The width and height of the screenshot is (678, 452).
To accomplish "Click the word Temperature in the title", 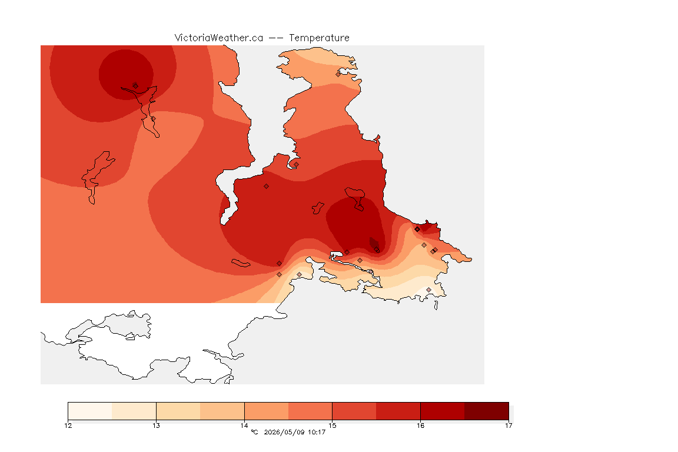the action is [319, 38].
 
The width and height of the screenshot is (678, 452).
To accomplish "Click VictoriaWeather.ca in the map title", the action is [219, 38].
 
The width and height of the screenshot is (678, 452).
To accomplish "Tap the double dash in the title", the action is [276, 38].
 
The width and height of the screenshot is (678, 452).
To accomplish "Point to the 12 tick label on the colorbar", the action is [68, 426].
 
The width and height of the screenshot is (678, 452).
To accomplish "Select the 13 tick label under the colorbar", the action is [156, 426].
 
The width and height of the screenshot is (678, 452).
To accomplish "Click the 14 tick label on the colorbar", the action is [244, 426].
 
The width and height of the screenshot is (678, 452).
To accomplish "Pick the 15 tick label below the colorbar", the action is [332, 426].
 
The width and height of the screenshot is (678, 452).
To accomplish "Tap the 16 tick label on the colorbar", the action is [420, 426].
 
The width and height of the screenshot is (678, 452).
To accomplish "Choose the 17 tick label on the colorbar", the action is [508, 426].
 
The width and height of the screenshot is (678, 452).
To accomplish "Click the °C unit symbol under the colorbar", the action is [254, 432].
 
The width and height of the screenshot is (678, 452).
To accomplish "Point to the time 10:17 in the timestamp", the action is [317, 432].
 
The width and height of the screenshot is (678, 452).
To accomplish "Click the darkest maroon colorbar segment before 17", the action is [487, 411].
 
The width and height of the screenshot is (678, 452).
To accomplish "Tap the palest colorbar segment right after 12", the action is [90, 411].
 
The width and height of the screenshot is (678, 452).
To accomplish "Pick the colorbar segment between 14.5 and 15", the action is [310, 411].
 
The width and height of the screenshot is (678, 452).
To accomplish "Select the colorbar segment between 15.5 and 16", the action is [398, 411].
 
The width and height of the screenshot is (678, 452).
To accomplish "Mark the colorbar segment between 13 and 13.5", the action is [178, 411].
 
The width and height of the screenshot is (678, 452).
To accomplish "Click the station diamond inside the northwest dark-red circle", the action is [135, 86].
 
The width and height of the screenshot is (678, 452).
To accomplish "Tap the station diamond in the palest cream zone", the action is [428, 290].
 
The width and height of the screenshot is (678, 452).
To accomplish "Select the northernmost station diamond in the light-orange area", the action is [338, 74].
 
